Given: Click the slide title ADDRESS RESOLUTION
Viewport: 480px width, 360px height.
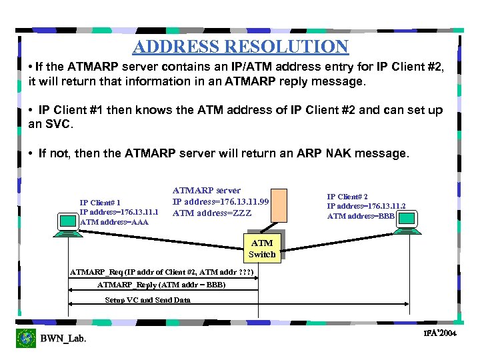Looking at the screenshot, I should coord(240,47).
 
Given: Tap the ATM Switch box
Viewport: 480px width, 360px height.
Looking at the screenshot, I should coord(261,249).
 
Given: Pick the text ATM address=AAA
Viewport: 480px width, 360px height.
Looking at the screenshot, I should coord(114,222).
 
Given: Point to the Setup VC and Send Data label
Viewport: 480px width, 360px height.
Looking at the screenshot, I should coord(147,300).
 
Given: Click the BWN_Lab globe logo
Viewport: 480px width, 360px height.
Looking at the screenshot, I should coord(26,338).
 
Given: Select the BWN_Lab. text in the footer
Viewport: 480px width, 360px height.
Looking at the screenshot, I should coord(63,339).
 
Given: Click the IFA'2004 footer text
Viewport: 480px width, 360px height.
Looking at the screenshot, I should coord(439,333).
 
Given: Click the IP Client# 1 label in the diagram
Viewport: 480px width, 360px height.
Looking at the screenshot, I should coord(100,203).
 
